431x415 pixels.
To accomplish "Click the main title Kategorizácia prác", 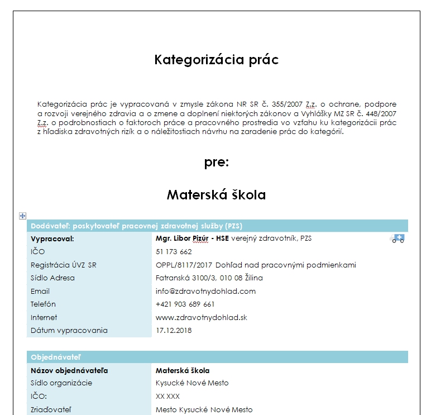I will [x=216, y=60].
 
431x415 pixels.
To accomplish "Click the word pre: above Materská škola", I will [x=216, y=163].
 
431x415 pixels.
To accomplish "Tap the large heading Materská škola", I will [x=216, y=195].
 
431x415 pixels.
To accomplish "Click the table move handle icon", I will [x=23, y=216].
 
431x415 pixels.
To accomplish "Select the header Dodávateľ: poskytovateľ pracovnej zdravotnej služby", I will [x=136, y=226].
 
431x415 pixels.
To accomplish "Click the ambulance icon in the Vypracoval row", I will [x=398, y=239].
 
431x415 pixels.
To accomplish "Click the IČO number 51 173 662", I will [x=174, y=252].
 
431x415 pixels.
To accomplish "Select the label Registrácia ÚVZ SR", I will [x=63, y=265].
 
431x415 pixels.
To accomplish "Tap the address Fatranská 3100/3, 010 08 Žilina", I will [x=209, y=278].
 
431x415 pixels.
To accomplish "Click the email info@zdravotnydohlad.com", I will [x=205, y=291].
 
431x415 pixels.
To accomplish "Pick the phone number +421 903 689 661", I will [x=185, y=304].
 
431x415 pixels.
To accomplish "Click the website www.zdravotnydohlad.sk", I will [x=201, y=317].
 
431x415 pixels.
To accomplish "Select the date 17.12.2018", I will [x=173, y=331].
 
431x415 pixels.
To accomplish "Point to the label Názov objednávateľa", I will [x=69, y=370].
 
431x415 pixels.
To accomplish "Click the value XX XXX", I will [x=167, y=396].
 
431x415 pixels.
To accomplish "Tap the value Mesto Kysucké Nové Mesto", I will [x=204, y=410].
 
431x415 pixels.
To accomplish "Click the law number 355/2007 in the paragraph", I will [x=288, y=104].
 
